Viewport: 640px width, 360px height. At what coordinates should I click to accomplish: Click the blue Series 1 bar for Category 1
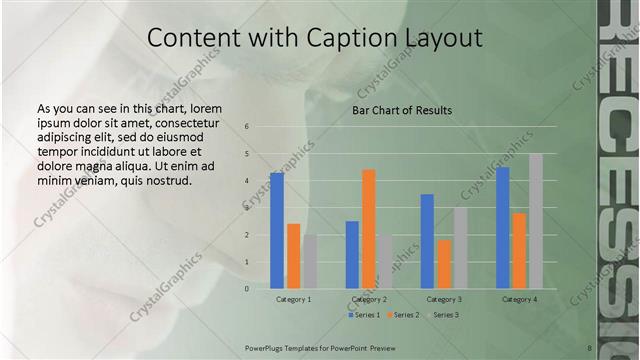[x=277, y=231]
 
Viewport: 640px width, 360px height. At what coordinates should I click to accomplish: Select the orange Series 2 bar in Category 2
[x=368, y=229]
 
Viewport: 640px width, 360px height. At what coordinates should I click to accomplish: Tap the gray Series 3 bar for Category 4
[x=536, y=221]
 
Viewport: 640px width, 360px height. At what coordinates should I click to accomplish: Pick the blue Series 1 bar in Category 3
[x=427, y=241]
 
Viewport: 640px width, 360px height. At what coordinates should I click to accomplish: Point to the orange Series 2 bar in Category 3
[x=443, y=264]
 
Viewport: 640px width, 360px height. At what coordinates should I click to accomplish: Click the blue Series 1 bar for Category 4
[x=503, y=228]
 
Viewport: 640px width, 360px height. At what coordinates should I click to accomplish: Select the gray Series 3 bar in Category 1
[x=310, y=262]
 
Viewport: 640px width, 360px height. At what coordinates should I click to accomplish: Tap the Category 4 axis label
[x=519, y=299]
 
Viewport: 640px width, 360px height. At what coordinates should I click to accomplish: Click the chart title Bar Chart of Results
[x=402, y=110]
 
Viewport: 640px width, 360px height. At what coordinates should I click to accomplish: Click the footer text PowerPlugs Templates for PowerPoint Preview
[x=320, y=347]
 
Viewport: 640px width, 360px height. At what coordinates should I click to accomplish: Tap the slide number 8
[x=590, y=347]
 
